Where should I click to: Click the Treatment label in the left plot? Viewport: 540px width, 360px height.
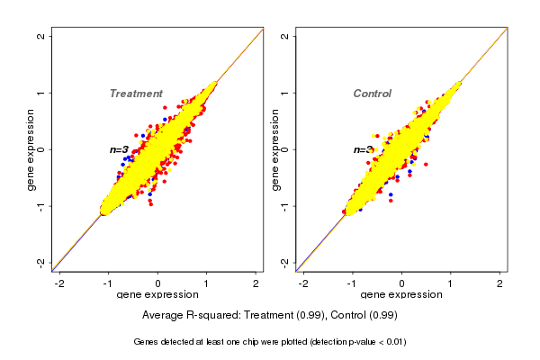136,94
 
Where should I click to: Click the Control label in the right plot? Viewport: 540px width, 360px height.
372,94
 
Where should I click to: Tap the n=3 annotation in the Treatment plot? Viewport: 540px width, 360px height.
119,149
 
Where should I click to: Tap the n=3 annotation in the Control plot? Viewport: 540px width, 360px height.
362,149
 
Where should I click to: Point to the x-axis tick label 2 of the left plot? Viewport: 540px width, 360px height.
256,283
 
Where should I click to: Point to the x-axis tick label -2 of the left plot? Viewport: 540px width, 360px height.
59,283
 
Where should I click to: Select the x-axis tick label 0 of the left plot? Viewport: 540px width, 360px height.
158,283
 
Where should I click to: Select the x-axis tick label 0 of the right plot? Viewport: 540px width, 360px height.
401,283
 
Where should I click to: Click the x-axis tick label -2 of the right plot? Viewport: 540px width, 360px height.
303,283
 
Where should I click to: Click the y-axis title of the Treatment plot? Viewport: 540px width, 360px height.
31,149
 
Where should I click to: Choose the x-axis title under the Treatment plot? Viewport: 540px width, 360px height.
157,295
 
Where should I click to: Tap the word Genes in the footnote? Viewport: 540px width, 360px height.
147,342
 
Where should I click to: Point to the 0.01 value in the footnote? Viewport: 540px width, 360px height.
392,342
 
